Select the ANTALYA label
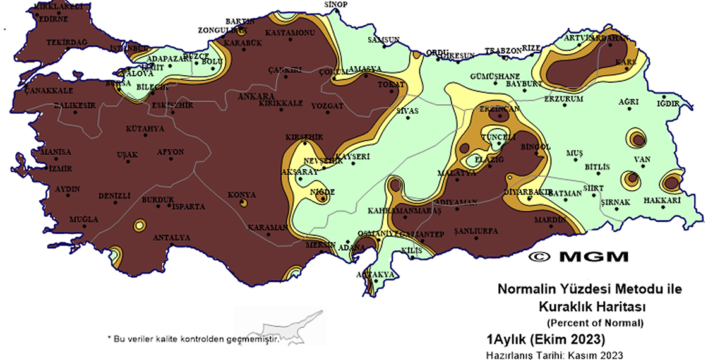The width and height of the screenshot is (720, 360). [x=171, y=237]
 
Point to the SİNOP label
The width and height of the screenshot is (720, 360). [x=335, y=4]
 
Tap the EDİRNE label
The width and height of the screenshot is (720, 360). [x=53, y=19]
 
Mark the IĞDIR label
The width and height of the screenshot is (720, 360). [x=668, y=103]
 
